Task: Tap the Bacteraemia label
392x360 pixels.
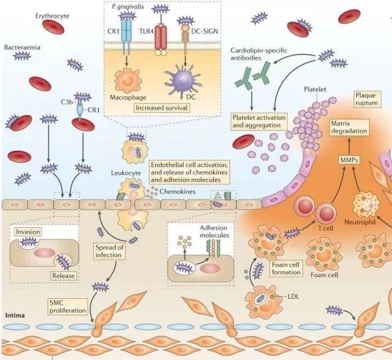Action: [23, 46]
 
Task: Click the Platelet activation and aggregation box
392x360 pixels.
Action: [260, 121]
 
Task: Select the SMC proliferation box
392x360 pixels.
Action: [68, 307]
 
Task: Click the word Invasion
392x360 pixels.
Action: [28, 233]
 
